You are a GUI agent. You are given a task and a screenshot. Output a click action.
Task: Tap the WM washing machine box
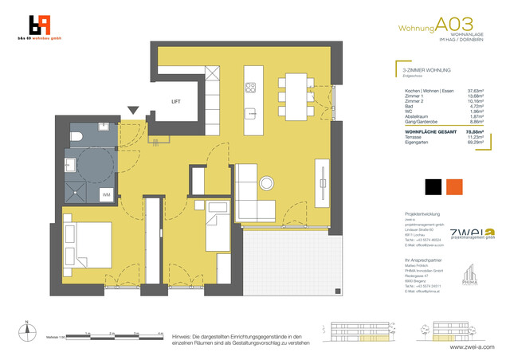[106, 194]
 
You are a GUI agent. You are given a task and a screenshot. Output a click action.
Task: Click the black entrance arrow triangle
[133, 112]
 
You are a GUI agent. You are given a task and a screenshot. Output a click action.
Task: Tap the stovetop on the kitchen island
[250, 86]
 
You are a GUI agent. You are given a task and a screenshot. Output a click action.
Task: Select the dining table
[297, 92]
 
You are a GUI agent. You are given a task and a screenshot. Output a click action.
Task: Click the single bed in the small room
[217, 225]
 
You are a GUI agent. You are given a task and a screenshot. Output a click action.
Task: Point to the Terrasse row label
[414, 139]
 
